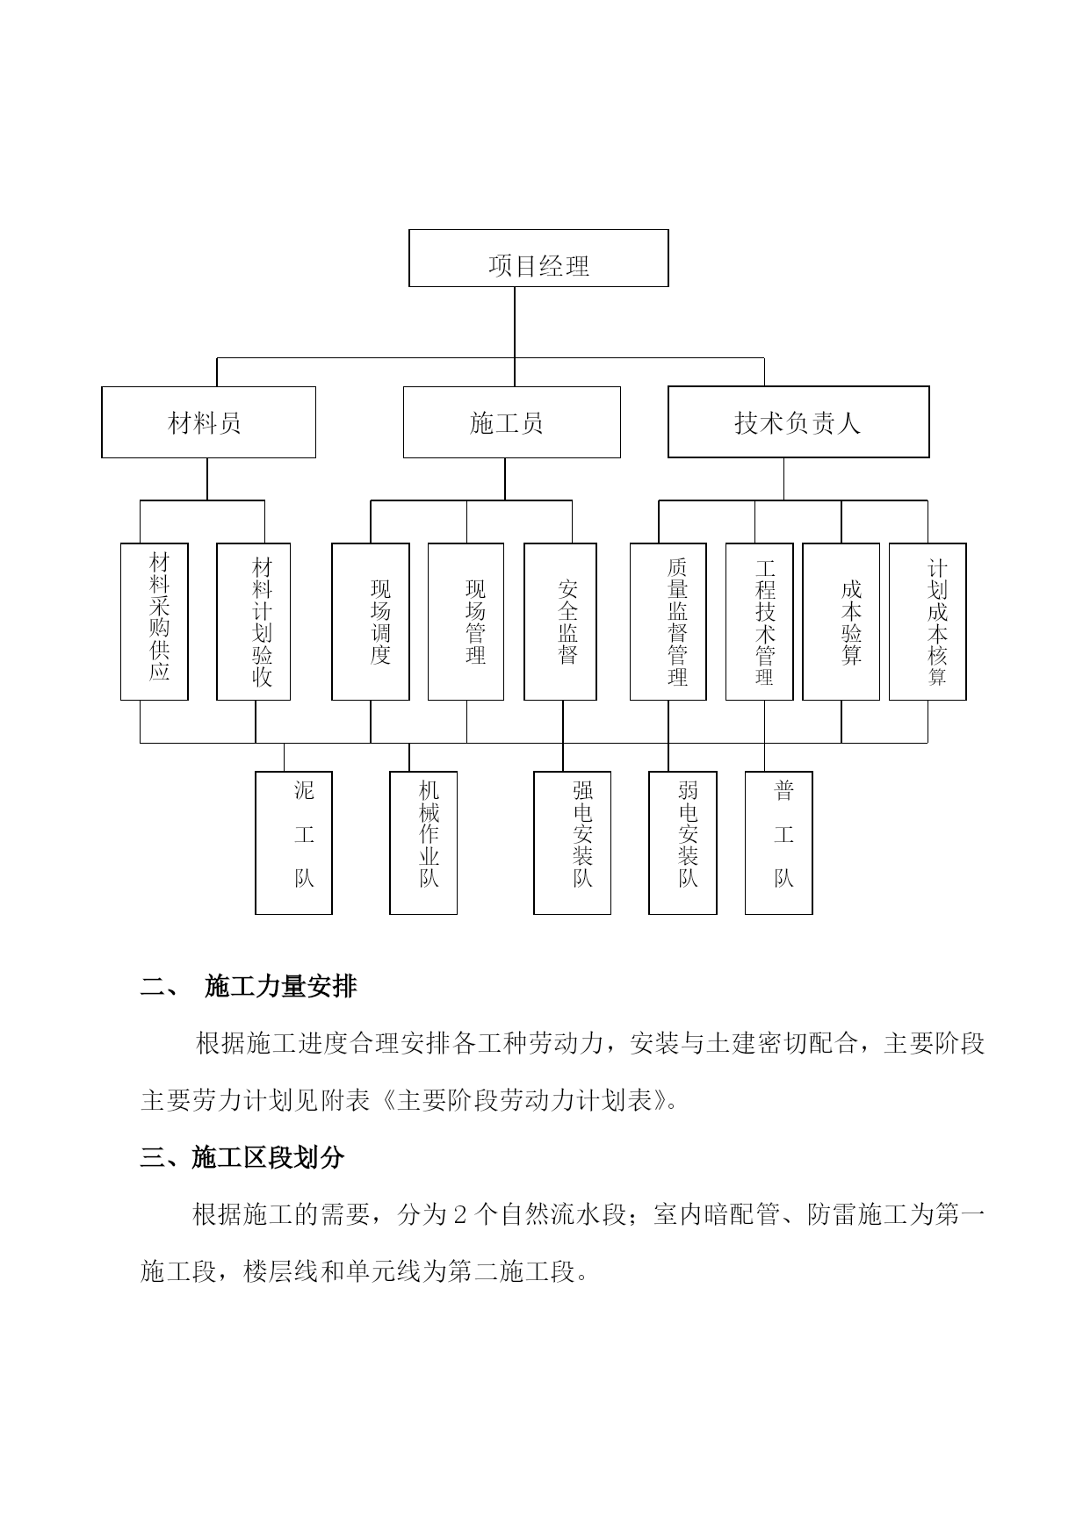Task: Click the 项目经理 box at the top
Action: coord(538,258)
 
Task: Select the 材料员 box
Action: coord(208,422)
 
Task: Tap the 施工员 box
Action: coord(511,422)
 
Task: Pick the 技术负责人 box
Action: coord(798,422)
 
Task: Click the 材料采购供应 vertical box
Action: coord(155,622)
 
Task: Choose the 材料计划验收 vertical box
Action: coord(254,622)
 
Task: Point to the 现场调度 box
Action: coord(371,622)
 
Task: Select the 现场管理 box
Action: coord(466,622)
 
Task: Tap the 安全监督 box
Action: coord(560,622)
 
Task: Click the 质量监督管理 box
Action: coord(668,622)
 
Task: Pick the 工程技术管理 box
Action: coord(760,622)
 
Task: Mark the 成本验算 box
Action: coord(841,622)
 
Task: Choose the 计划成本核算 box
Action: coord(928,622)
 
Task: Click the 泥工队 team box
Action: coord(293,843)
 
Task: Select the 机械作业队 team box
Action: coord(423,843)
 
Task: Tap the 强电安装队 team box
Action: coord(573,843)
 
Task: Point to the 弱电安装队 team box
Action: coord(682,843)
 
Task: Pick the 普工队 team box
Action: coord(779,843)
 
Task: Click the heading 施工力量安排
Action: coord(281,987)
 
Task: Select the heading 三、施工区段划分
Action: coord(242,1158)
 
